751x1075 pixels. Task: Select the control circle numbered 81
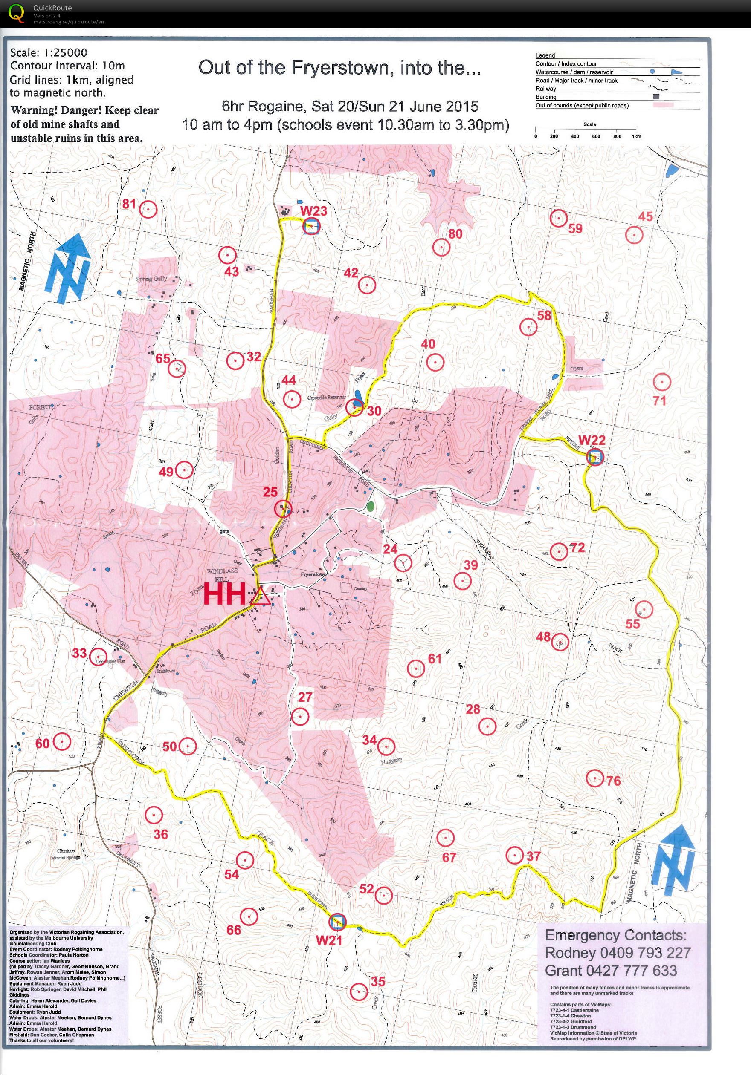(148, 209)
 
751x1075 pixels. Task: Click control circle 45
(633, 235)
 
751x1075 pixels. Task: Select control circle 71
(661, 383)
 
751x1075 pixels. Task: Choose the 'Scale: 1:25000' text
(49, 53)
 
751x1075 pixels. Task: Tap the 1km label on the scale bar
(636, 136)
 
